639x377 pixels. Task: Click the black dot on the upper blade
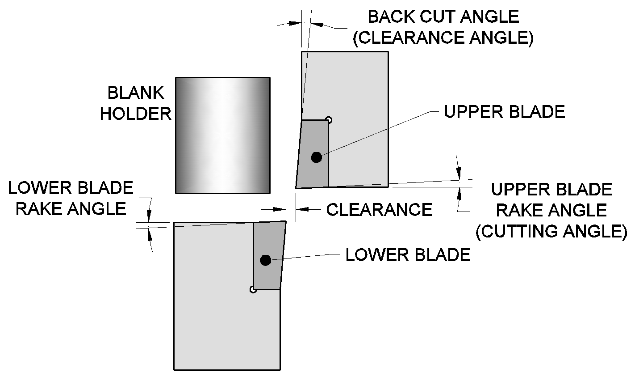click(316, 157)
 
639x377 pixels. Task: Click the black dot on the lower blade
click(266, 260)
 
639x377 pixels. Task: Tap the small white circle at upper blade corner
click(329, 119)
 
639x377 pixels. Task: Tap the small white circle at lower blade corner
click(253, 290)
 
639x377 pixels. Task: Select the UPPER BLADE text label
click(504, 112)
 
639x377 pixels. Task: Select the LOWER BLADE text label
click(408, 255)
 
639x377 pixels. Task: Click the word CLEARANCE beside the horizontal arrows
click(379, 209)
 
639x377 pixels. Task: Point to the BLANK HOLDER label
click(136, 103)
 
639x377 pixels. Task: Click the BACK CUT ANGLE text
click(443, 17)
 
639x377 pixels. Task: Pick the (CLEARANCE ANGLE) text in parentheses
click(443, 38)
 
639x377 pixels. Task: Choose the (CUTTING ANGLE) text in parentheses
click(551, 231)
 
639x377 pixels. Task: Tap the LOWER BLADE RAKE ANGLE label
click(71, 198)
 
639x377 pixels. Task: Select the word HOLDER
click(136, 114)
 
